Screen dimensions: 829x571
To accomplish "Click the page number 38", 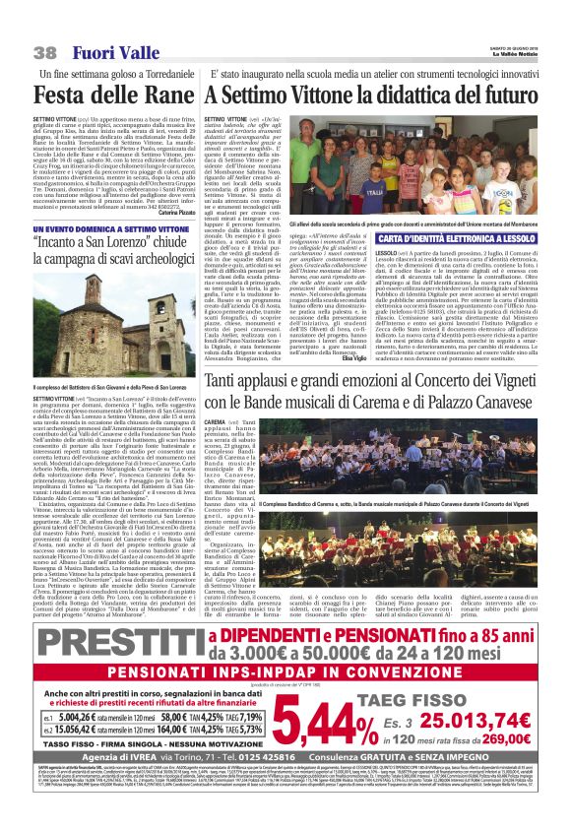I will [44, 51].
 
